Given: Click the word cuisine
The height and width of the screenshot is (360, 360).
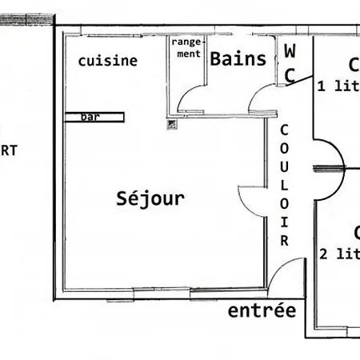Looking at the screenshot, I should (108, 60).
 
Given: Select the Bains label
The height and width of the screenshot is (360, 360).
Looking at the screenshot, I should (237, 58).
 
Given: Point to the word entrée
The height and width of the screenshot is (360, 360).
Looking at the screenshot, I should (262, 310).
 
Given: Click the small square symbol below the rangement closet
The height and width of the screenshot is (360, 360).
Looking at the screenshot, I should (170, 123).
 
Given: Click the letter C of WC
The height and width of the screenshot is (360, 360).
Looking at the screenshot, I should (290, 74).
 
